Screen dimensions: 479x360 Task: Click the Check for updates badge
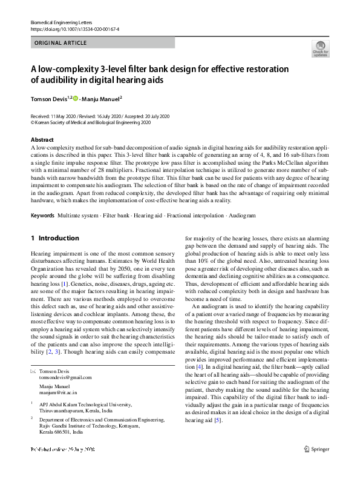319,48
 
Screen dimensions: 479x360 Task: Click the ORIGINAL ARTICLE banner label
61,43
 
